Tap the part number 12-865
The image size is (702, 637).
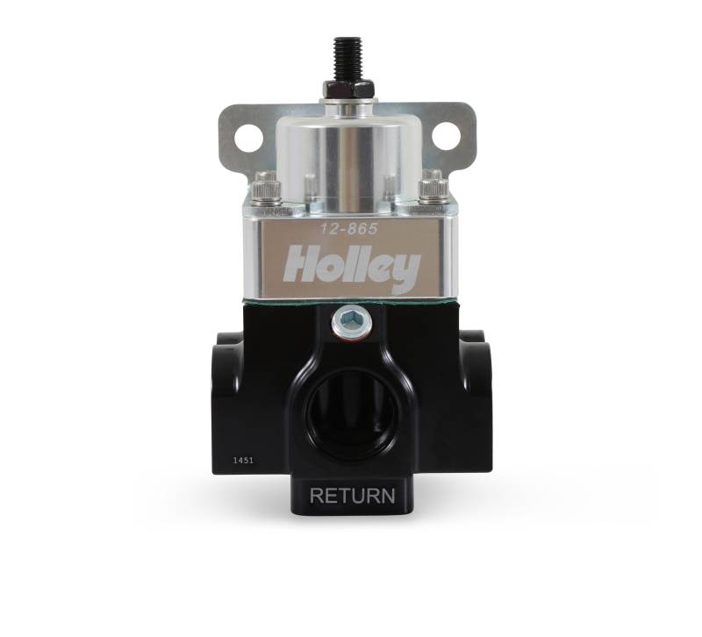(348, 229)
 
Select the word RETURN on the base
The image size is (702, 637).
(353, 496)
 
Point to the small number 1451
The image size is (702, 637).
(243, 460)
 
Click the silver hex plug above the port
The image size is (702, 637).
(348, 319)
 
